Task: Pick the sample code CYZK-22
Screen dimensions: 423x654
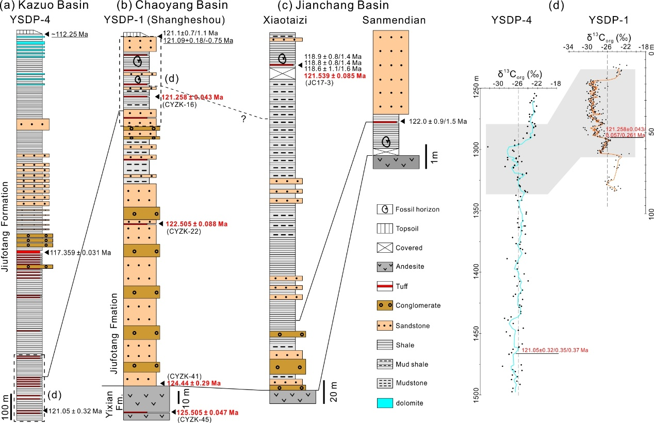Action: tap(183, 232)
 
